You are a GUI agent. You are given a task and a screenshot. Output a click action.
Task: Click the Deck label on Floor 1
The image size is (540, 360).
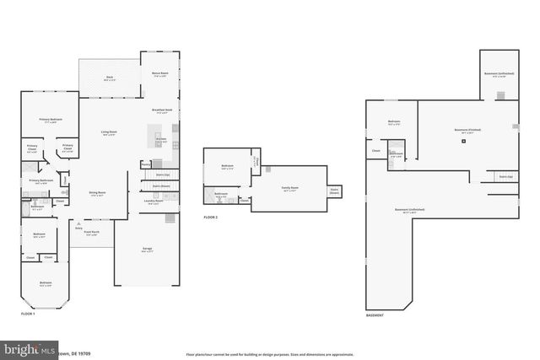(x=110, y=79)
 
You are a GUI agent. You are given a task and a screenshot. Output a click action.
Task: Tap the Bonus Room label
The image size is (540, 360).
(x=159, y=74)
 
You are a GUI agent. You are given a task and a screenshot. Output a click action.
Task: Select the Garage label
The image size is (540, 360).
(x=147, y=250)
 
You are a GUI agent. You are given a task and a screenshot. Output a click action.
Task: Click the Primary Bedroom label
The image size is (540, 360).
(x=51, y=121)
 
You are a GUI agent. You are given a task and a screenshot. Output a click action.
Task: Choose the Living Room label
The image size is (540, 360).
(x=109, y=132)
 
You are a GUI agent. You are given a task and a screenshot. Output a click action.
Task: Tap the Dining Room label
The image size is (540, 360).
(x=98, y=193)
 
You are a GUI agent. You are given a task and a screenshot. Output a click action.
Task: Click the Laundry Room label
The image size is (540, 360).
(x=153, y=201)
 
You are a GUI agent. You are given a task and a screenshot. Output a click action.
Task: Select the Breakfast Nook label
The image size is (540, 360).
(x=162, y=110)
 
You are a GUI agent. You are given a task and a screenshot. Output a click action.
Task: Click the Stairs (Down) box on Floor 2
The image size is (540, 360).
(x=334, y=191)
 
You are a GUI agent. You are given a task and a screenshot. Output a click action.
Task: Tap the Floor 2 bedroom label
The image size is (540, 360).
(x=227, y=166)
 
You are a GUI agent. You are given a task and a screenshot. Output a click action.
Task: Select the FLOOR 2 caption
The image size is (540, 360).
(x=211, y=218)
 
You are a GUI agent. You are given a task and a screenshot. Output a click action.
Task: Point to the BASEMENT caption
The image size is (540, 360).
(x=375, y=315)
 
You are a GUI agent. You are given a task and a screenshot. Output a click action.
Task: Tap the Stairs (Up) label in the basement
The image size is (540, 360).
(x=505, y=177)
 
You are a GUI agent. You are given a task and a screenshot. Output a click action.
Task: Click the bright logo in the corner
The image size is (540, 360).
(x=25, y=349)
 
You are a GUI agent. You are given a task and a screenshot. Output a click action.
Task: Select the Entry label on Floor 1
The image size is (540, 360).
(x=78, y=228)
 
